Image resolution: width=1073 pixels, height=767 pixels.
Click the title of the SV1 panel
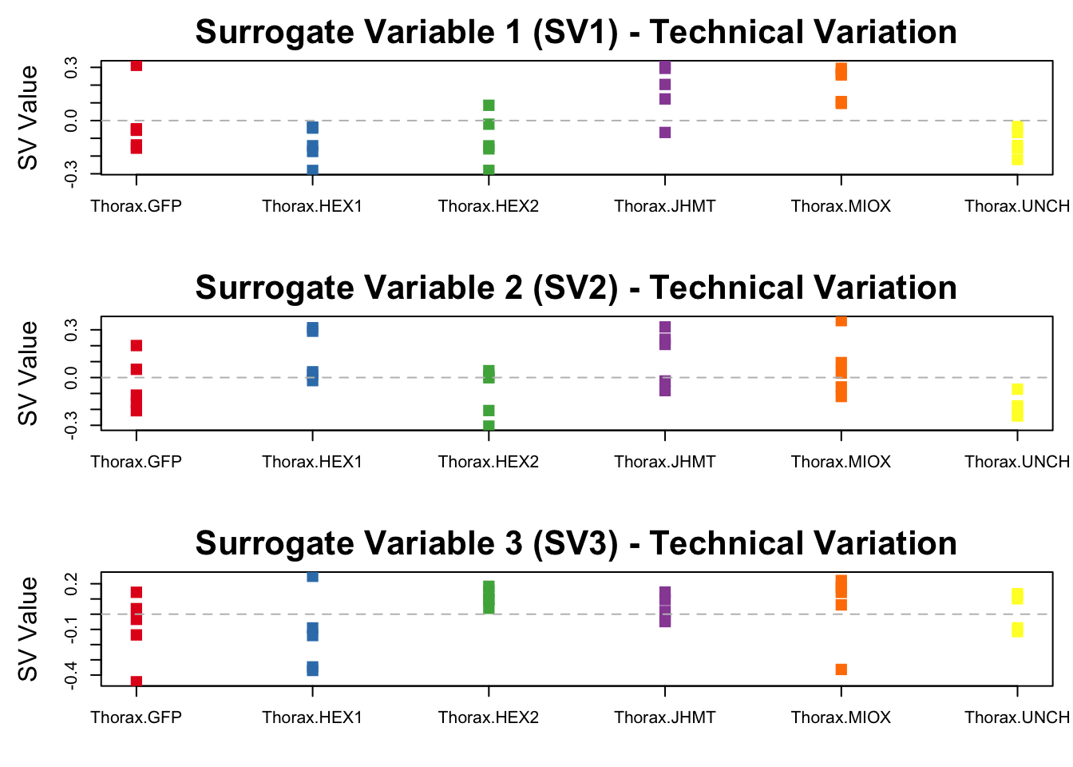[576, 33]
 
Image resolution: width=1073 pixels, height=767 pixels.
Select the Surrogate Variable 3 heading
[576, 543]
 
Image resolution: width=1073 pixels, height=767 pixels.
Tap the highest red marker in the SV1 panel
[137, 66]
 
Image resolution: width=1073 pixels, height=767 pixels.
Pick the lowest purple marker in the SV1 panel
[665, 133]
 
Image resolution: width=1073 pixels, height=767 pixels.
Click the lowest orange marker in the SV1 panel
[841, 102]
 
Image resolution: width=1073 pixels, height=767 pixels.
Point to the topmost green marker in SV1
[489, 105]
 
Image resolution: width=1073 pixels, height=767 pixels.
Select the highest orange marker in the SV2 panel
[841, 321]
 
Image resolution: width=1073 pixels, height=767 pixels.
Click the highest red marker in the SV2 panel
[137, 346]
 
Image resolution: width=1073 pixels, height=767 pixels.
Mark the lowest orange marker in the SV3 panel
[841, 670]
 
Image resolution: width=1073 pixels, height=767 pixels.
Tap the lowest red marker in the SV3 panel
[137, 682]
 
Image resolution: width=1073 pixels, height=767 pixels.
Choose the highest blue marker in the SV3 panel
[312, 577]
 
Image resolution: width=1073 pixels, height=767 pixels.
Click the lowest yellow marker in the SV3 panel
[1017, 630]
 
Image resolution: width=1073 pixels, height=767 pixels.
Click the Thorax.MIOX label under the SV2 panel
[841, 462]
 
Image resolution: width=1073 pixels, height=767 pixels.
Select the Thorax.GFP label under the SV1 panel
[137, 206]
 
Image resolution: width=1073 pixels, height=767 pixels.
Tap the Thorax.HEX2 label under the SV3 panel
[489, 717]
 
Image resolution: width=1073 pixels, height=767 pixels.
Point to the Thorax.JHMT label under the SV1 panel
[665, 206]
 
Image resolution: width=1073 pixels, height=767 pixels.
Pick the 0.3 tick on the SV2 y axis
[71, 330]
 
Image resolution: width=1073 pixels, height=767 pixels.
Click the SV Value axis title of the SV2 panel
[29, 373]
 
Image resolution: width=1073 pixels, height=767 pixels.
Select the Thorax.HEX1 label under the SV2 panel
[312, 462]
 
